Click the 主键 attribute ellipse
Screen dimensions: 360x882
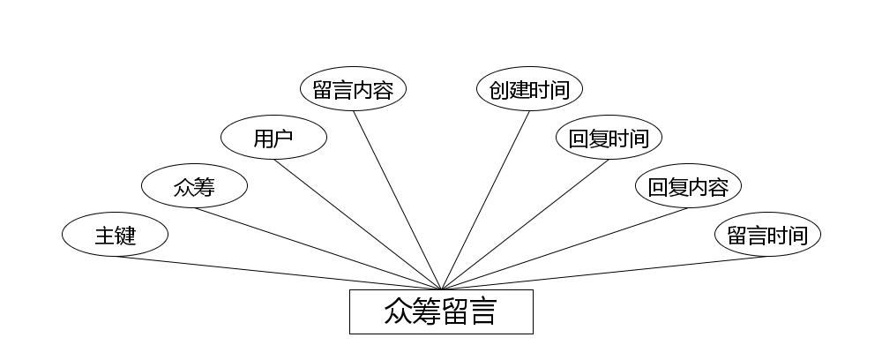point(115,235)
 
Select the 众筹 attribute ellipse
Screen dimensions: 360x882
point(194,186)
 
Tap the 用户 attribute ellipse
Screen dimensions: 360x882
point(273,138)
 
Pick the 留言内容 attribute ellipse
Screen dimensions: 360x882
point(353,89)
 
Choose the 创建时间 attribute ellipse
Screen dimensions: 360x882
point(529,89)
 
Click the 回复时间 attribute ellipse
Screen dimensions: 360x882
point(609,138)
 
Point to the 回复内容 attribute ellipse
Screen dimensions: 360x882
point(688,186)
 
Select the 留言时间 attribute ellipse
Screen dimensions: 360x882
point(767,235)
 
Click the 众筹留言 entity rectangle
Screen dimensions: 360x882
point(441,311)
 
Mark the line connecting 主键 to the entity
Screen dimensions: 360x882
point(278,273)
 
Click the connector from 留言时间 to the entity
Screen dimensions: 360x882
point(604,273)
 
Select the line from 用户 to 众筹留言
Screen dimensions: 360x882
point(357,224)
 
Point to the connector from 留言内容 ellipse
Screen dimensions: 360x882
point(397,199)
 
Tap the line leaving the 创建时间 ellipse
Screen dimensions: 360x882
point(485,199)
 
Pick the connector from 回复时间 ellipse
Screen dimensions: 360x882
point(525,224)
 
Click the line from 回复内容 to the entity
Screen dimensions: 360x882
point(564,248)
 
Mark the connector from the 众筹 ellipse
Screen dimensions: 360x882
point(318,248)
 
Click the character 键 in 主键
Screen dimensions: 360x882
point(125,236)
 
